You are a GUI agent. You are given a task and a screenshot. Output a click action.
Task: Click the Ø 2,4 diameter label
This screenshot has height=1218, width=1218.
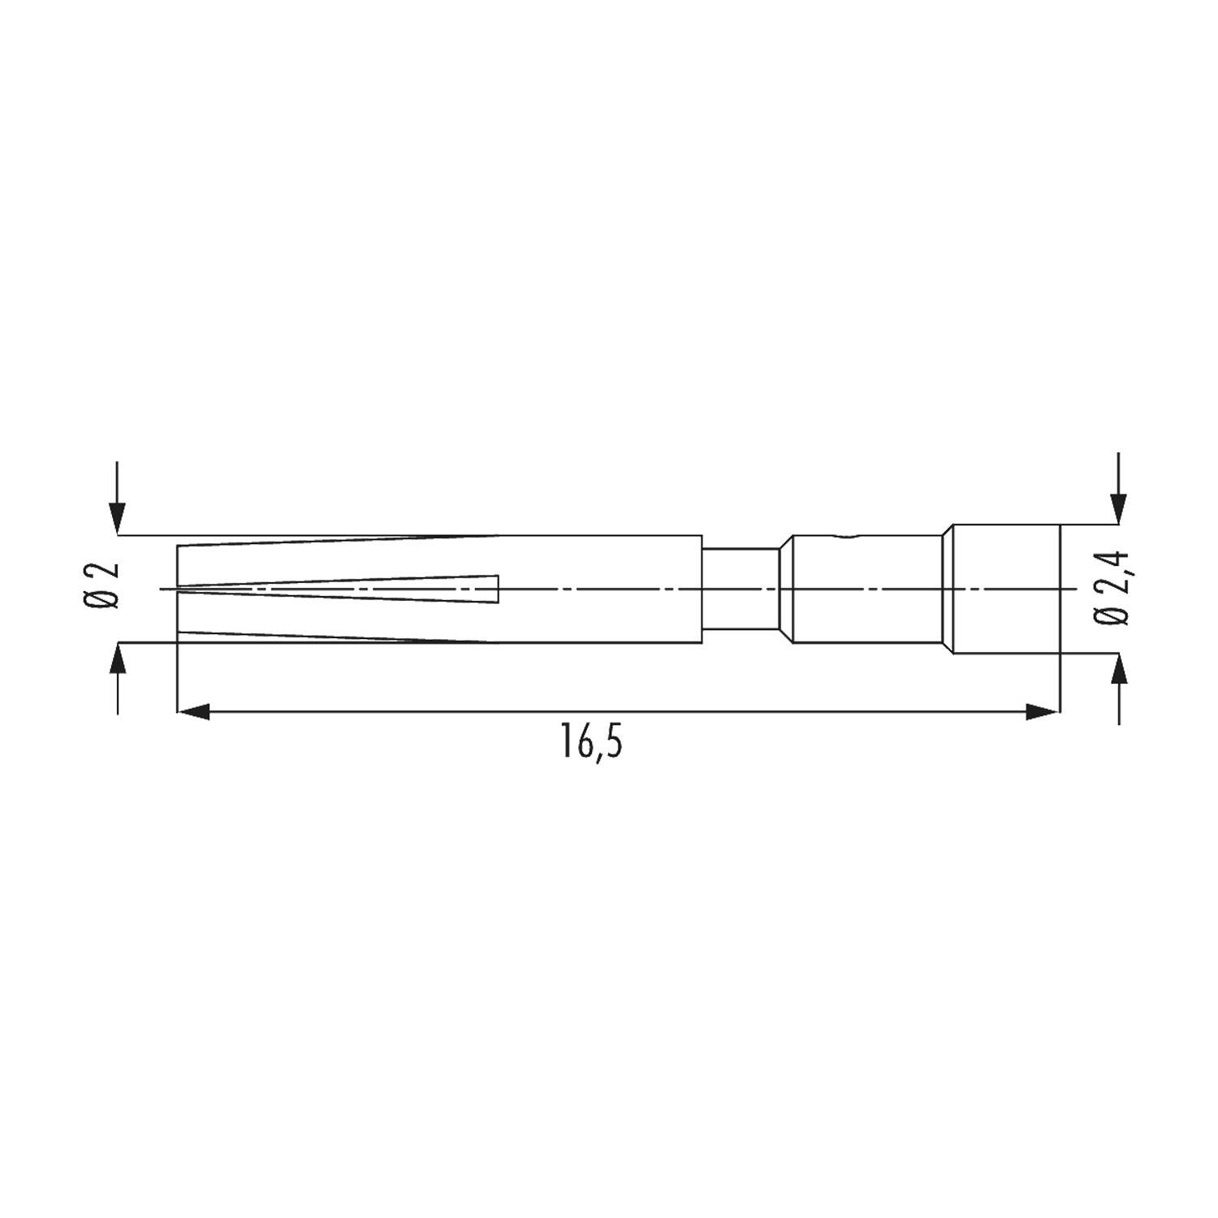(x=1112, y=588)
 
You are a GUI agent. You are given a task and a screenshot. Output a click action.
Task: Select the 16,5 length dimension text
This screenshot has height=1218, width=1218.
(x=591, y=741)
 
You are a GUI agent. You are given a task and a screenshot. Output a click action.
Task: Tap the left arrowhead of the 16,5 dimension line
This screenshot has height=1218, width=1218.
(x=194, y=712)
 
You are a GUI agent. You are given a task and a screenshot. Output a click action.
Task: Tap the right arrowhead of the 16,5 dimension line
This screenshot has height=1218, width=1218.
(x=1043, y=712)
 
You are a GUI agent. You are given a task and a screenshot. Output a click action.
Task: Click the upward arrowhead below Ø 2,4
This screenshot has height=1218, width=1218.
(x=1120, y=669)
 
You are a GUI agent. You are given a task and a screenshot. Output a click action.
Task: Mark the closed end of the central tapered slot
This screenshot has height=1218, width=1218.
(x=497, y=589)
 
